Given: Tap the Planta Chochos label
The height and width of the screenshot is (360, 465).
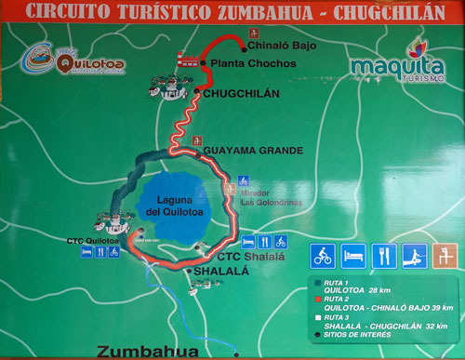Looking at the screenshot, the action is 253,63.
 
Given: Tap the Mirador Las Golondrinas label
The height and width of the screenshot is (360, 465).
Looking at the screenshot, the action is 260,198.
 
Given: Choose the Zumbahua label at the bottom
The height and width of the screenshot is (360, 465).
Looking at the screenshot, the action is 147,352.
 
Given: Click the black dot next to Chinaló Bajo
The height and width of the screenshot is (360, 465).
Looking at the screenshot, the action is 244,45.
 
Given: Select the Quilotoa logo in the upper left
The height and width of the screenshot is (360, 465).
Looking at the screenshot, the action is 74,61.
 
